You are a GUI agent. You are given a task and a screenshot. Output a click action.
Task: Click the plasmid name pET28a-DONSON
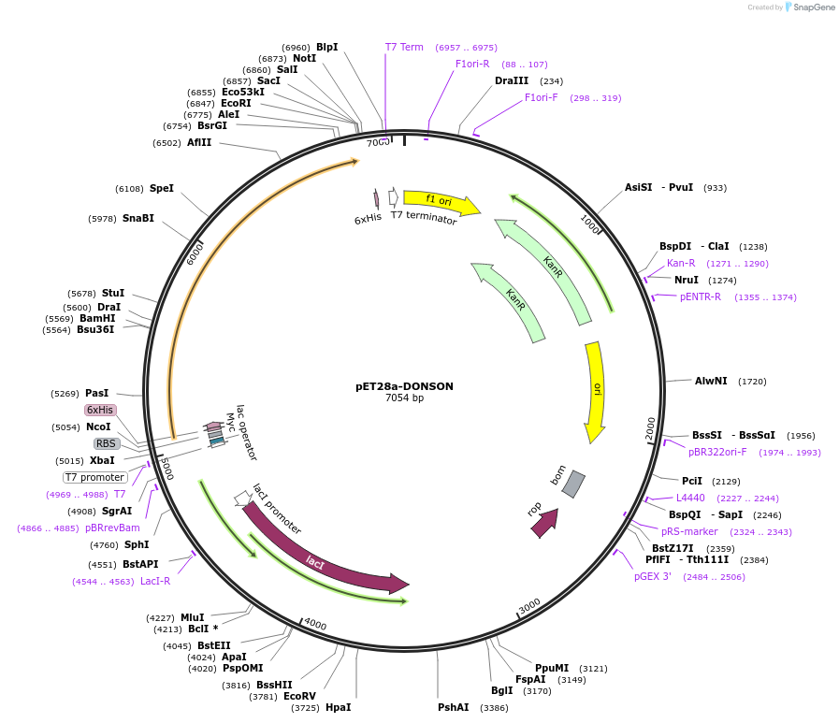tap(404, 385)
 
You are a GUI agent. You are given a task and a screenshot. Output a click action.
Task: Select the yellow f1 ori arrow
tap(440, 200)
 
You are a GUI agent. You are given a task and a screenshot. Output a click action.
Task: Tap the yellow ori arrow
tap(595, 391)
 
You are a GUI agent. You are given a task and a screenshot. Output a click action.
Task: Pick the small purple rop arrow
tap(543, 522)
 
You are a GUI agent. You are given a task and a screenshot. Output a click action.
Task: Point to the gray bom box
tap(573, 484)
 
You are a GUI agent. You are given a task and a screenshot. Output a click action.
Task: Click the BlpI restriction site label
tap(326, 47)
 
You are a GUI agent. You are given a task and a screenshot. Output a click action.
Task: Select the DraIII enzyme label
tap(512, 80)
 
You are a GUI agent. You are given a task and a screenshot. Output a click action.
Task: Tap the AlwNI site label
tap(711, 381)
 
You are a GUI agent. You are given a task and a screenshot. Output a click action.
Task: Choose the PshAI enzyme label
tap(454, 707)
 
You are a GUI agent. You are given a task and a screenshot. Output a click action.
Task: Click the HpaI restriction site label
tap(338, 707)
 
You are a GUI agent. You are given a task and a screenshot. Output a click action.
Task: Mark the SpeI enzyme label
tap(162, 188)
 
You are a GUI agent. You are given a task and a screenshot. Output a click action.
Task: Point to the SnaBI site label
tap(138, 218)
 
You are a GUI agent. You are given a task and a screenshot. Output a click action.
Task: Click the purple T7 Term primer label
tap(404, 47)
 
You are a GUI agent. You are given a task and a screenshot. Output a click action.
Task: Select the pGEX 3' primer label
tap(653, 576)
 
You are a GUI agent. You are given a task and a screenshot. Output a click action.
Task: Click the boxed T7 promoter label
tap(95, 477)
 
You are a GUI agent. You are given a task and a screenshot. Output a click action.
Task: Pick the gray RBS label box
tap(107, 443)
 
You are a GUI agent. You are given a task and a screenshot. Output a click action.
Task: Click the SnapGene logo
tap(810, 7)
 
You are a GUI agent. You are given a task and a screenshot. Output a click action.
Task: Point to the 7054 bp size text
tap(404, 398)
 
